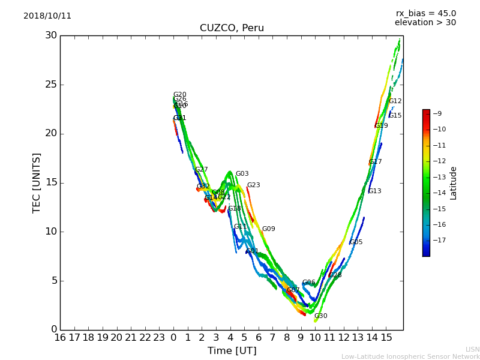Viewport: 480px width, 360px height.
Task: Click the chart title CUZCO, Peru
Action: pos(232,28)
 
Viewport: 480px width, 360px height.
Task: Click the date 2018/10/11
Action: pos(47,16)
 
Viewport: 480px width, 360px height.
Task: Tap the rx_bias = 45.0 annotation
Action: pos(425,13)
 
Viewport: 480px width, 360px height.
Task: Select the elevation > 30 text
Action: pos(425,23)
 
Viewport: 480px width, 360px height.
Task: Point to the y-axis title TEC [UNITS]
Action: pos(37,182)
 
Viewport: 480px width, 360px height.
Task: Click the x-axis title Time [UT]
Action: pos(232,350)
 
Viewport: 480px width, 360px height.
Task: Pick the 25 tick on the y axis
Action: pos(51,85)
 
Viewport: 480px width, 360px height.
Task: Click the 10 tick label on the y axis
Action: pos(51,232)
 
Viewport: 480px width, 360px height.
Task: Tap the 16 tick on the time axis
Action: pos(60,337)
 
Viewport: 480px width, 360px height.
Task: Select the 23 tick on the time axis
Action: pos(159,337)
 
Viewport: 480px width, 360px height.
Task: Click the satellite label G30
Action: pos(321,316)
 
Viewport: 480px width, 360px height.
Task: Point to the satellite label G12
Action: pos(395,101)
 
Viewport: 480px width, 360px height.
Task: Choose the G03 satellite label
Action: pos(242,174)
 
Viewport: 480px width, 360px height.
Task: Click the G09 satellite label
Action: pos(268,229)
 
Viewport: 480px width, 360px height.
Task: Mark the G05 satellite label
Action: pos(356,242)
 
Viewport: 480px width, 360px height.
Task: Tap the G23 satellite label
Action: pos(253,185)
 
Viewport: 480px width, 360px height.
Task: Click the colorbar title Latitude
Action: pos(454,183)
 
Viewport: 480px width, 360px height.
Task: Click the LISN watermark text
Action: pos(472,349)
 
